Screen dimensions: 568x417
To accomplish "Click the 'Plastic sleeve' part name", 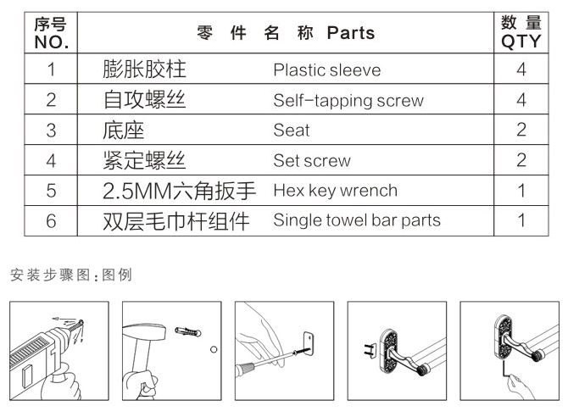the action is [326, 69].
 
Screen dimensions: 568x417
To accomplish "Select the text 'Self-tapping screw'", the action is [348, 100].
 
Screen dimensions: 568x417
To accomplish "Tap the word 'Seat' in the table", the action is [292, 130].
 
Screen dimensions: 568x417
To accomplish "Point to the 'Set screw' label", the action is [312, 160].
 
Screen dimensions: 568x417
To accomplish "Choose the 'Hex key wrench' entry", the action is [336, 191].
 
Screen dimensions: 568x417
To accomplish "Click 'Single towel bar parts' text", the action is [357, 220].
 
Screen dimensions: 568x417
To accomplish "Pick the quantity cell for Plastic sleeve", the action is [521, 69].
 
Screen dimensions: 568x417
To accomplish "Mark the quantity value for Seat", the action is [521, 130].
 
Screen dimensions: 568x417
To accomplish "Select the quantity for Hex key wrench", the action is [521, 191].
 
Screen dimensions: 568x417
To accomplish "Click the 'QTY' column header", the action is [521, 42].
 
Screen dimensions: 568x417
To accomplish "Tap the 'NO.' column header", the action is [52, 42].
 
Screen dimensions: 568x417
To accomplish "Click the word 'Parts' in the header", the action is [351, 33].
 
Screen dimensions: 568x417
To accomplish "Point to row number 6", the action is [51, 221].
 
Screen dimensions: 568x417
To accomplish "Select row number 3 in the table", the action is [51, 131].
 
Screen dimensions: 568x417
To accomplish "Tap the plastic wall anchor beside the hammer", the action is [187, 331].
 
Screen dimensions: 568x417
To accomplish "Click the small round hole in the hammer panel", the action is [214, 349].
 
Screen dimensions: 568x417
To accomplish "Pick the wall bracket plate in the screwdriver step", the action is [309, 344].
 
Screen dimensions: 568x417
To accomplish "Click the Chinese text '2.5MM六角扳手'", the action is [180, 191].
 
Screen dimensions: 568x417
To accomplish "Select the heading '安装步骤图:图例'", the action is [71, 275].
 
